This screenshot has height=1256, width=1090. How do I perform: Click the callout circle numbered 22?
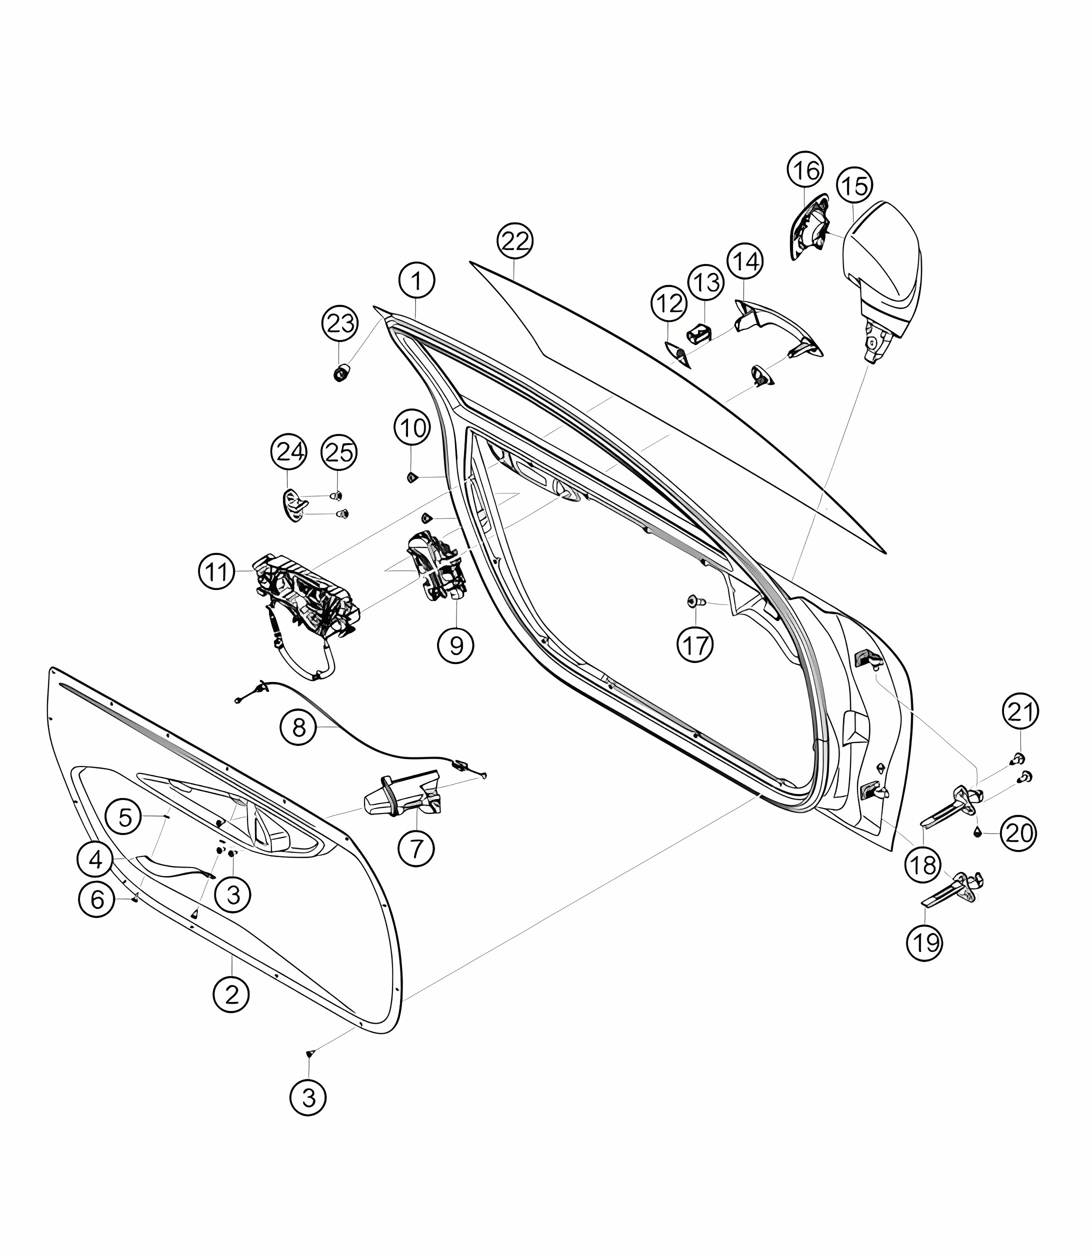515,241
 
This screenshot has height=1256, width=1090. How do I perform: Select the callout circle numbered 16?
806,170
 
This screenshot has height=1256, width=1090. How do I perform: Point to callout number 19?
925,943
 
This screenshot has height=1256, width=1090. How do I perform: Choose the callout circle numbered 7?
416,848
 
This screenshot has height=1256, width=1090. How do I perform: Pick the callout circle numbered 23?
340,323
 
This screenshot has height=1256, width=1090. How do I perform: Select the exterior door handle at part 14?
778,331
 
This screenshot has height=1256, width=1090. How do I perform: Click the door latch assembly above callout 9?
436,565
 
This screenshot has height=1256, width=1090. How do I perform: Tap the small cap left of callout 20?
977,832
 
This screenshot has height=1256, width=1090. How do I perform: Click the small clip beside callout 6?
134,898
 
